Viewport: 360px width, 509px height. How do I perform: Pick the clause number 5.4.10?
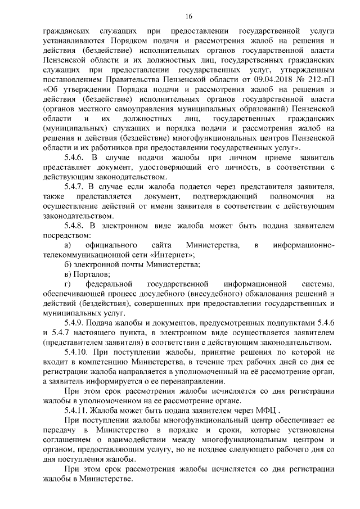coord(79,352)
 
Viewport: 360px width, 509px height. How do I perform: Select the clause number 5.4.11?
coord(79,409)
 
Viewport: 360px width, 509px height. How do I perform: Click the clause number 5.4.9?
coord(76,322)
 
